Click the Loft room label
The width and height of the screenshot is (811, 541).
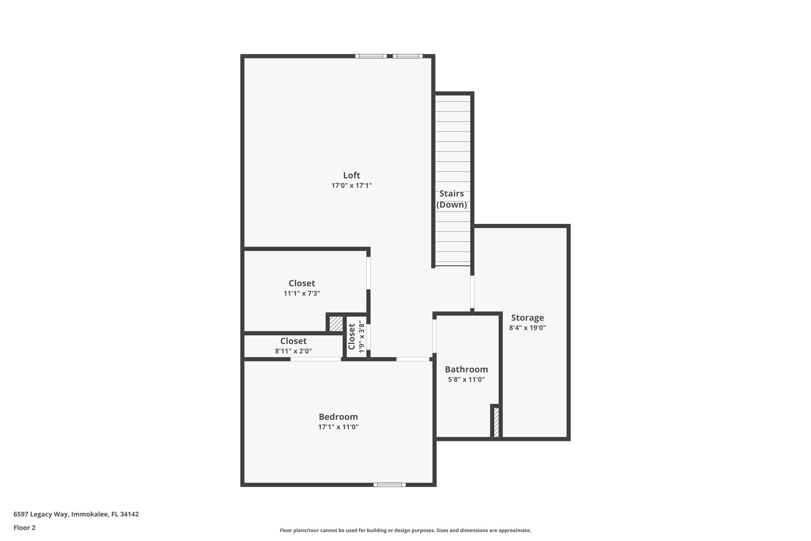[x=351, y=175]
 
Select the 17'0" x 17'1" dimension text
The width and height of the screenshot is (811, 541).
[x=351, y=185]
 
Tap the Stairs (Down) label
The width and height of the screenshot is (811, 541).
[x=451, y=199]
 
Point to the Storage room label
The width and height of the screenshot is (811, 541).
[x=527, y=317]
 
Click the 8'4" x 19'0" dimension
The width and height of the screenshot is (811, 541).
[x=527, y=328]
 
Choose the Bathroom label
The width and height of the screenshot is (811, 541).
[x=466, y=369]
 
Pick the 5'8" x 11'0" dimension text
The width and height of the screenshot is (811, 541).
[x=466, y=379]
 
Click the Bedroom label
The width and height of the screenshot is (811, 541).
[x=338, y=417]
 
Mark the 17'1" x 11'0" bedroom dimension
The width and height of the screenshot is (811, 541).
[x=338, y=427]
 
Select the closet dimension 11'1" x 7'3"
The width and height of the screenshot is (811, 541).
[x=302, y=294]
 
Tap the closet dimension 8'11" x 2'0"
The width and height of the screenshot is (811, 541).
[x=293, y=351]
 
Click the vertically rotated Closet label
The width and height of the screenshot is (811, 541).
[x=352, y=337]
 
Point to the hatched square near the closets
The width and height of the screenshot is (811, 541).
[x=336, y=323]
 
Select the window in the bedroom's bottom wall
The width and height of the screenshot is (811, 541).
[x=389, y=484]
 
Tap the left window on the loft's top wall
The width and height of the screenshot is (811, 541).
[x=371, y=56]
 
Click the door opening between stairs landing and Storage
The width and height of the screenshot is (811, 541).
[x=472, y=292]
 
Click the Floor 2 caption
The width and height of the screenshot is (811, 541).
[x=25, y=528]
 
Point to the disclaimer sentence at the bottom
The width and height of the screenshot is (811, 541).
[x=405, y=530]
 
